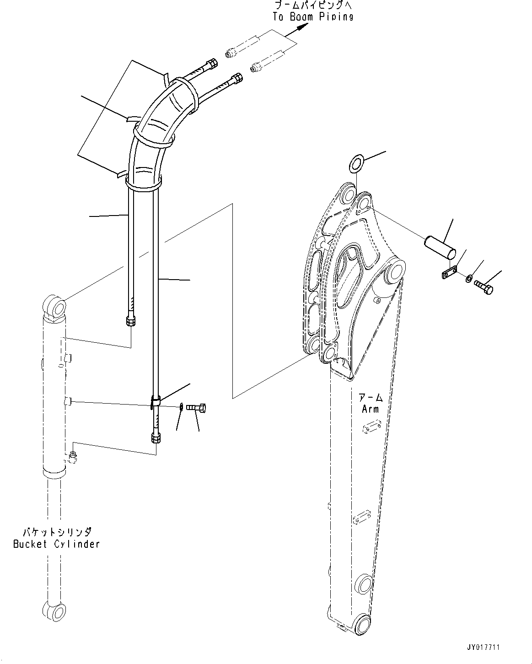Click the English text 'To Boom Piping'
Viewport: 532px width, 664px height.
coord(313,16)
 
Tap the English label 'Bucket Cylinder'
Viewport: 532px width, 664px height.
coord(56,544)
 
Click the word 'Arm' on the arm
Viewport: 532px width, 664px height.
coord(370,409)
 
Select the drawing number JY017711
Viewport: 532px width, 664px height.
coord(483,648)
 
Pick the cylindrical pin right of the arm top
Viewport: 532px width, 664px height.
coord(440,243)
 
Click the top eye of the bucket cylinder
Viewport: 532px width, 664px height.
coord(55,306)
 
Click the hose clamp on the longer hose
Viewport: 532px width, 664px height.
coord(155,401)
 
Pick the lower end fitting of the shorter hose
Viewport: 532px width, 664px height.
coord(130,320)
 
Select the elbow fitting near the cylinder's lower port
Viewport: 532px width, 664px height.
coord(72,456)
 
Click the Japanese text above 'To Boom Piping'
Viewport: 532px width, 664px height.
coord(313,5)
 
